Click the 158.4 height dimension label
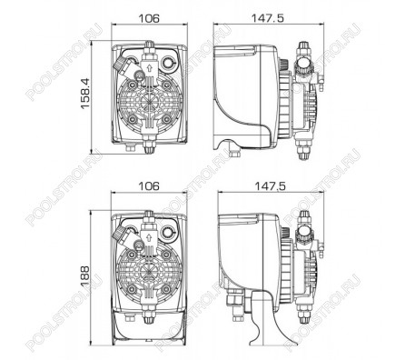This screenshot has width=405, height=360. pyautogui.click(x=85, y=94)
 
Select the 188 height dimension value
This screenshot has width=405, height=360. pyautogui.click(x=85, y=275)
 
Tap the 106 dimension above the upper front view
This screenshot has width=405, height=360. pyautogui.click(x=149, y=18)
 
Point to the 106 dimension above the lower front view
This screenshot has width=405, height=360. pyautogui.click(x=149, y=186)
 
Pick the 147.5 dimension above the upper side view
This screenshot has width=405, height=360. pyautogui.click(x=268, y=18)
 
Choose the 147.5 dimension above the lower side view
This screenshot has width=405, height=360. pyautogui.click(x=270, y=186)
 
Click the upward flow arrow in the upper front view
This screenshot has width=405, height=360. pyautogui.click(x=149, y=68)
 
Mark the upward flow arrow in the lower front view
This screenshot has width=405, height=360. pyautogui.click(x=149, y=236)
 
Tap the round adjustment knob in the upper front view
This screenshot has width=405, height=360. pyautogui.click(x=167, y=63)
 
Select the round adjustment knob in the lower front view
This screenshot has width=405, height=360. pyautogui.click(x=167, y=232)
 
